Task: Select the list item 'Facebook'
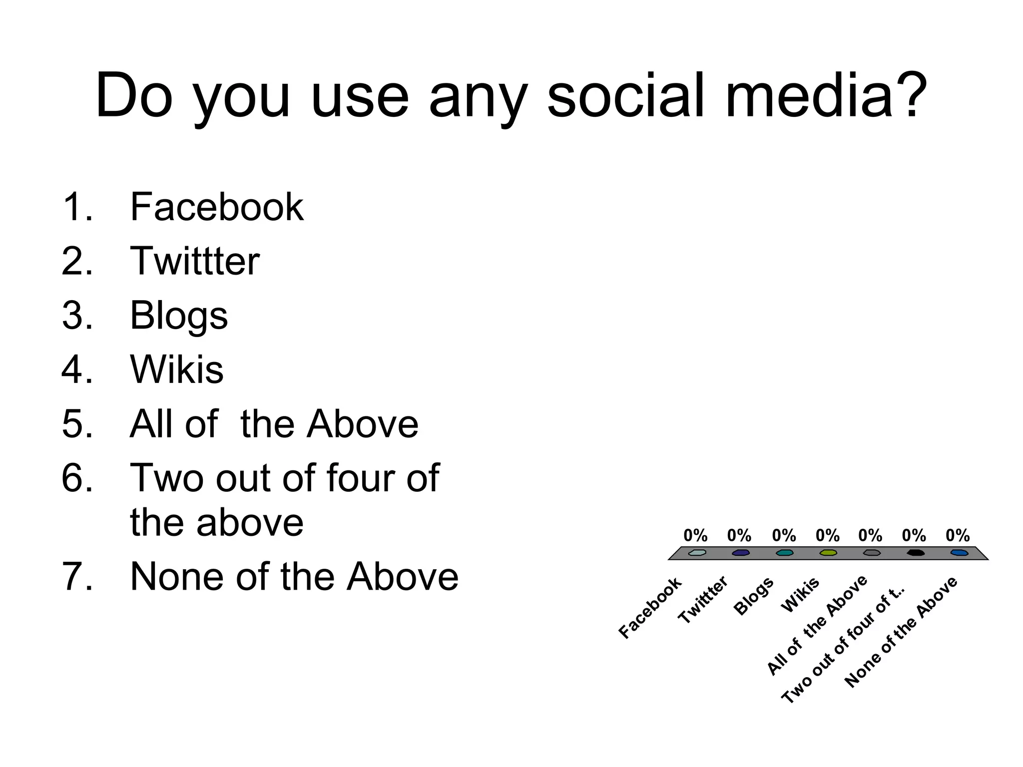coord(216,207)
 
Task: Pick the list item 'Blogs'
coord(179,316)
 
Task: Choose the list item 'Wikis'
coord(177,370)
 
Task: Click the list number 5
coord(77,424)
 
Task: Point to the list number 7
coord(77,577)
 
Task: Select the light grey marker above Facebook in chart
coord(697,553)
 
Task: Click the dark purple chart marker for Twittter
coord(740,553)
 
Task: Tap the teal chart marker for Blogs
coord(784,553)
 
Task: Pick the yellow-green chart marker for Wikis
coord(828,553)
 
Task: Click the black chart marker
coord(915,553)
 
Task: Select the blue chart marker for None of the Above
coord(959,553)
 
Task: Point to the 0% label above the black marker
coord(914,536)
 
